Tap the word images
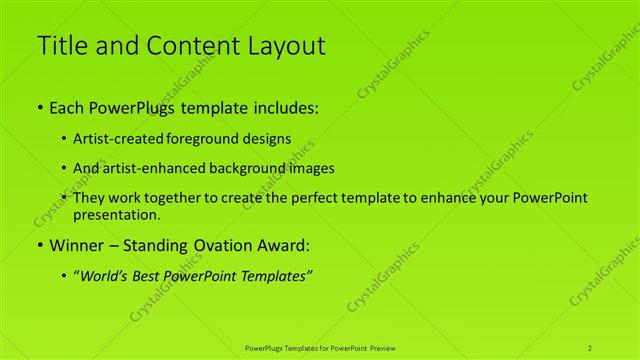pos(310,168)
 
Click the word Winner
pos(78,245)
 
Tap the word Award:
pos(284,245)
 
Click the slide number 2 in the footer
pos(590,347)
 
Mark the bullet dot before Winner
pos(40,245)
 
